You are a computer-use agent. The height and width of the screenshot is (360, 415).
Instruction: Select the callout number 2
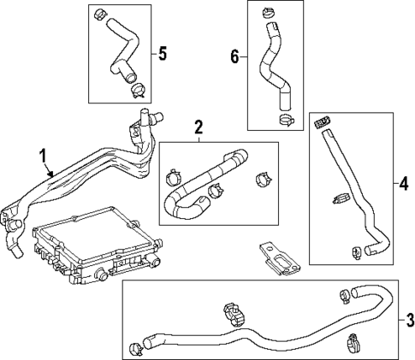199,129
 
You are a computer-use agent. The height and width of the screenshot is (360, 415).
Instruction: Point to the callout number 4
404,182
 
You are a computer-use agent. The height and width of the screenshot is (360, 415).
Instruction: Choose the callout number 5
161,52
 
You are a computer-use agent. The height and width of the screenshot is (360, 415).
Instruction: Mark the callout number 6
234,56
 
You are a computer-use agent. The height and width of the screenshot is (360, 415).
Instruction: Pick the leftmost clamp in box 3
137,347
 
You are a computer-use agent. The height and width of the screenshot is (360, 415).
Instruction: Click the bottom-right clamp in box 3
352,345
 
